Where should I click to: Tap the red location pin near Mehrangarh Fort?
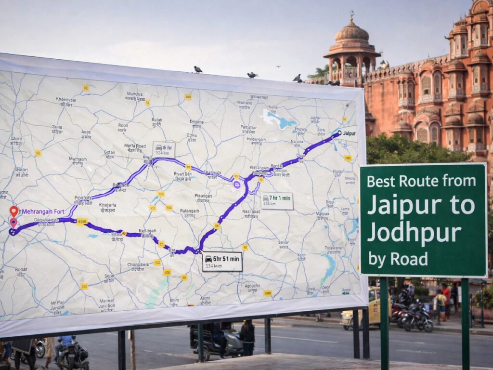[x=14, y=211]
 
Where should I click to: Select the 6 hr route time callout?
[x=164, y=150]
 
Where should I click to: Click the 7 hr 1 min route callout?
[x=277, y=201]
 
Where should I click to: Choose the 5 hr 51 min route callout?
[x=222, y=261]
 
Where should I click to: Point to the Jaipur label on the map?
[x=349, y=132]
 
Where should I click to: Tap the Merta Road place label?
[x=135, y=147]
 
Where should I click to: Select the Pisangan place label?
[x=203, y=198]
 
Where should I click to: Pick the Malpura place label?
[x=323, y=215]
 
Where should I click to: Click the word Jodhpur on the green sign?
[x=414, y=233]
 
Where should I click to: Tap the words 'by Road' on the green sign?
[x=398, y=259]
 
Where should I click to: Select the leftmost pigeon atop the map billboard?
[x=197, y=69]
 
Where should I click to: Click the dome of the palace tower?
[x=351, y=33]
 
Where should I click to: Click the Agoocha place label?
[x=252, y=287]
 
